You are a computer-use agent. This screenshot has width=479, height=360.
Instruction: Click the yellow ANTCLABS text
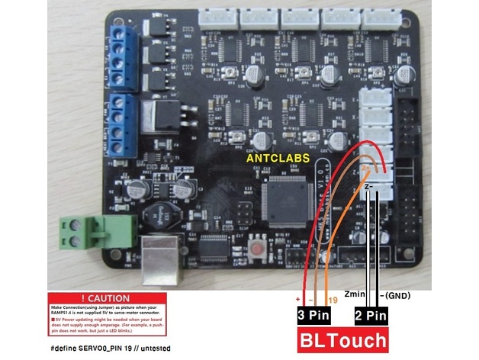coord(278,157)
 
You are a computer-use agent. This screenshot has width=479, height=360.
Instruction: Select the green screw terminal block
coord(81,232)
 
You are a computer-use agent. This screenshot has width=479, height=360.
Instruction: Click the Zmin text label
coord(357,293)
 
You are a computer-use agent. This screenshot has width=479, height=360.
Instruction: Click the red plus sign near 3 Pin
coord(298,300)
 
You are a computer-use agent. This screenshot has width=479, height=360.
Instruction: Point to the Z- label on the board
coord(368,185)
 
